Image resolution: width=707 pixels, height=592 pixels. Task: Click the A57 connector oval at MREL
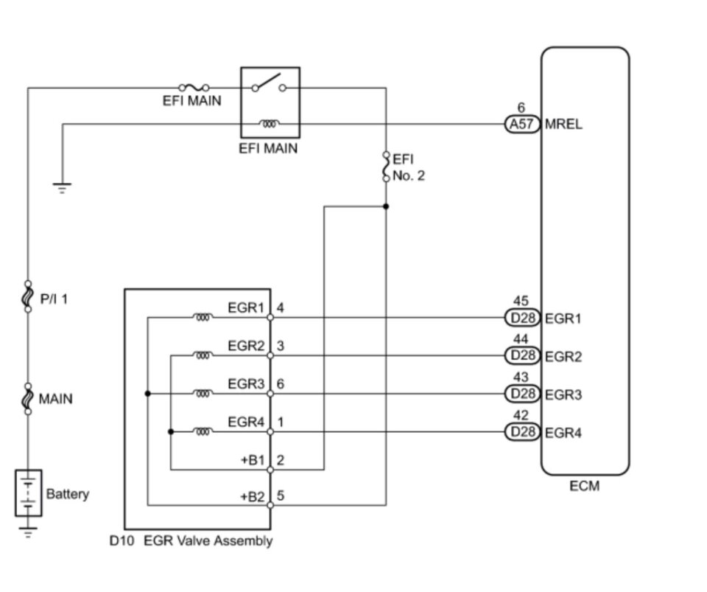(522, 124)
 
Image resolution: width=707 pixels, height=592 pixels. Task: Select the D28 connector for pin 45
(522, 318)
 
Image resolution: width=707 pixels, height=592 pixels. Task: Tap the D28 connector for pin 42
(522, 432)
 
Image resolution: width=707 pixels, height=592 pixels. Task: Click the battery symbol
(29, 493)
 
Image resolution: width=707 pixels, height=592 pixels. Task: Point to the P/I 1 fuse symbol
(28, 296)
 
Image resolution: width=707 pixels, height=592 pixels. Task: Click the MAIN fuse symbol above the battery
(28, 398)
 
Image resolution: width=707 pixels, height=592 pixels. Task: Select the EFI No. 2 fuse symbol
(386, 167)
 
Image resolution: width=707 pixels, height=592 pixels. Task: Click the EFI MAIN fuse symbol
(194, 87)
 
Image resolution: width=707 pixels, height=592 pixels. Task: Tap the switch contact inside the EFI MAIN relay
(269, 83)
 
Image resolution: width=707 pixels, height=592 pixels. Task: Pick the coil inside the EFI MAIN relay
(270, 123)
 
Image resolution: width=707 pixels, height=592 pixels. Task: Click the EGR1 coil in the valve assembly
(203, 317)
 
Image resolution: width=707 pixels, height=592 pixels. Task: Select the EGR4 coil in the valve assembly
(203, 432)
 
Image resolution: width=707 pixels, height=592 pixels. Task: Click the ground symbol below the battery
(28, 532)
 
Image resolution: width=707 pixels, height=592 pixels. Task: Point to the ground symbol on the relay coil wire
(62, 188)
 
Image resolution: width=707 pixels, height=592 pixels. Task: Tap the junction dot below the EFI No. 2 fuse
(386, 206)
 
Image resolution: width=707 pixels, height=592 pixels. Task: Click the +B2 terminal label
(252, 497)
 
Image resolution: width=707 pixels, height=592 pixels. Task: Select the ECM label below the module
(584, 486)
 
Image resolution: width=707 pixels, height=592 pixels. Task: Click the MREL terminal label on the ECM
(563, 124)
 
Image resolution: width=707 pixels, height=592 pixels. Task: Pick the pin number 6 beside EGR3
(281, 384)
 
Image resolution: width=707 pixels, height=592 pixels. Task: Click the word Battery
(68, 494)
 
